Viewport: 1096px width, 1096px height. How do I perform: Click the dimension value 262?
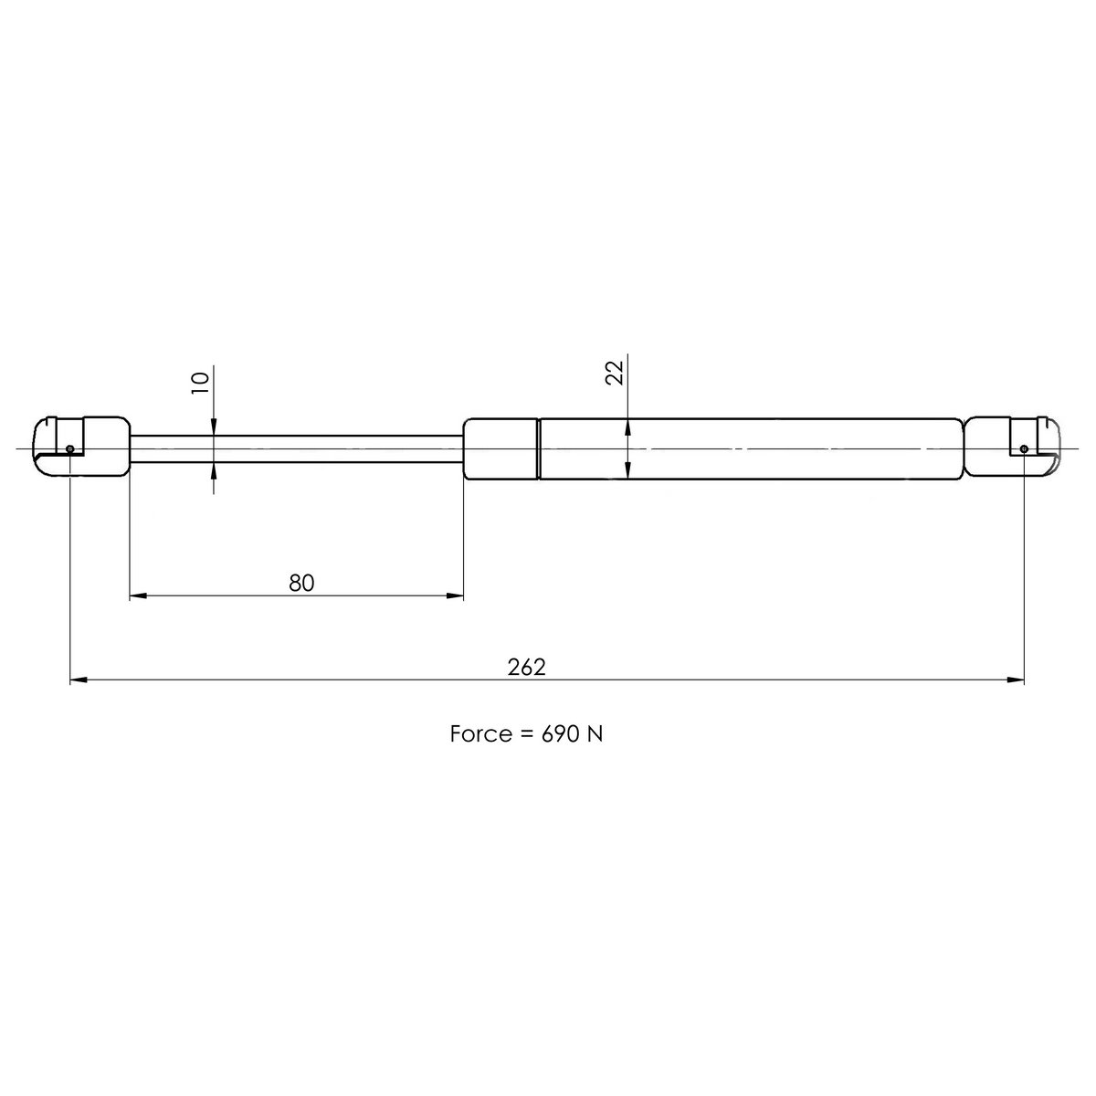[526, 667]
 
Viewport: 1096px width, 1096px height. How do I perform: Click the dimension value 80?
[301, 583]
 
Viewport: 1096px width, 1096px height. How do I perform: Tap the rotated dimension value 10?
[202, 381]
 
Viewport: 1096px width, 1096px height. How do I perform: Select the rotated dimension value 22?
[616, 373]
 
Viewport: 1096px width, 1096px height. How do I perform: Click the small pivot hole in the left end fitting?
[70, 448]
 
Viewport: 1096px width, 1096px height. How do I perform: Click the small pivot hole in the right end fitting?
[1024, 448]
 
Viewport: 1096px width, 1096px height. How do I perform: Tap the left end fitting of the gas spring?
[82, 447]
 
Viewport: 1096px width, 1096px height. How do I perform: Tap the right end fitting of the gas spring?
[1012, 448]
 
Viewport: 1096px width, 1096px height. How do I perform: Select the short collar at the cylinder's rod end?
[500, 448]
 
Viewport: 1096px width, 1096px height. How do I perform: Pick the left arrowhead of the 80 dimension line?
[138, 596]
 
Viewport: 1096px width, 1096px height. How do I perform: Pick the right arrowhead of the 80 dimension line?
[455, 596]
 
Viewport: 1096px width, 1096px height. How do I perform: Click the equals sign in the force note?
[525, 735]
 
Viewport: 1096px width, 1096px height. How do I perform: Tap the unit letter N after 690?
[595, 734]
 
